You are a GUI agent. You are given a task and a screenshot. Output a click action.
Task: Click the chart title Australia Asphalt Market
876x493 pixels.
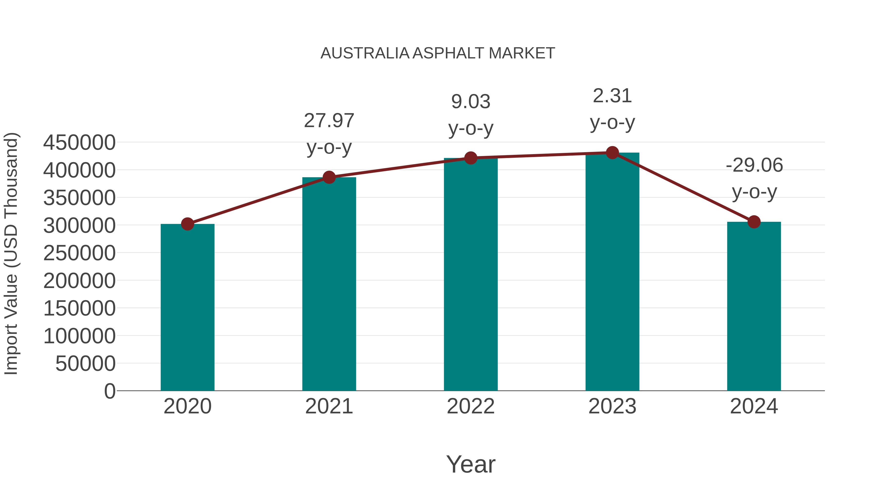(438, 53)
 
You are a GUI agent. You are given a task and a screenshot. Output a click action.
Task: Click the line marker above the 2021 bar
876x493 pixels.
(329, 177)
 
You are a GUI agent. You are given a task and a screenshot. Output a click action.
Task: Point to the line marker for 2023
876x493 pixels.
(612, 153)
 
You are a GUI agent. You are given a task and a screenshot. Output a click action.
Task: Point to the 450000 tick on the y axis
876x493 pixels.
(79, 143)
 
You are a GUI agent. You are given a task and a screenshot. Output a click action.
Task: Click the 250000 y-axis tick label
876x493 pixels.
(79, 253)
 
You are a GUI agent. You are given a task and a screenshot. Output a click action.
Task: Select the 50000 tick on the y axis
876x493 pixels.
(85, 364)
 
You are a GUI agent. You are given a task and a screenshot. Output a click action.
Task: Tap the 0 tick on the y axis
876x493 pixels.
(110, 391)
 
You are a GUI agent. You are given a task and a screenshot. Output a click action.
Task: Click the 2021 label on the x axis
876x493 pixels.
(329, 406)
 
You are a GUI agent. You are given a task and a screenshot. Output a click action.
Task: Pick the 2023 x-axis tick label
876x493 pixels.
(612, 406)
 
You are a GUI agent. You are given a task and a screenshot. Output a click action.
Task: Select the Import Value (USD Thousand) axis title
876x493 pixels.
(11, 254)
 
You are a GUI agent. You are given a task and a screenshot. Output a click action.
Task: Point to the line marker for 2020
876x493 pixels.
(187, 224)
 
